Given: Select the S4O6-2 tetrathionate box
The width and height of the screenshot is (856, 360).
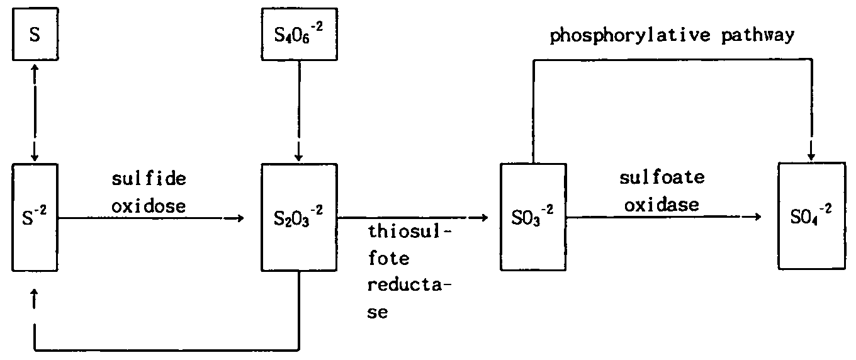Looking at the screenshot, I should tap(298, 35).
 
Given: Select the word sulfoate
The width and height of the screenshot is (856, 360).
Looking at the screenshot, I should tap(662, 178).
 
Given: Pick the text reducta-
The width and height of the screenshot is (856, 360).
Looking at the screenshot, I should tap(410, 285).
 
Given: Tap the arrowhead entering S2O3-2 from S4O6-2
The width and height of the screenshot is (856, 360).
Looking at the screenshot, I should tap(298, 154).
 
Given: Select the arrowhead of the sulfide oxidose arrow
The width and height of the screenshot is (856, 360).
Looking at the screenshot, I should tap(237, 218).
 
